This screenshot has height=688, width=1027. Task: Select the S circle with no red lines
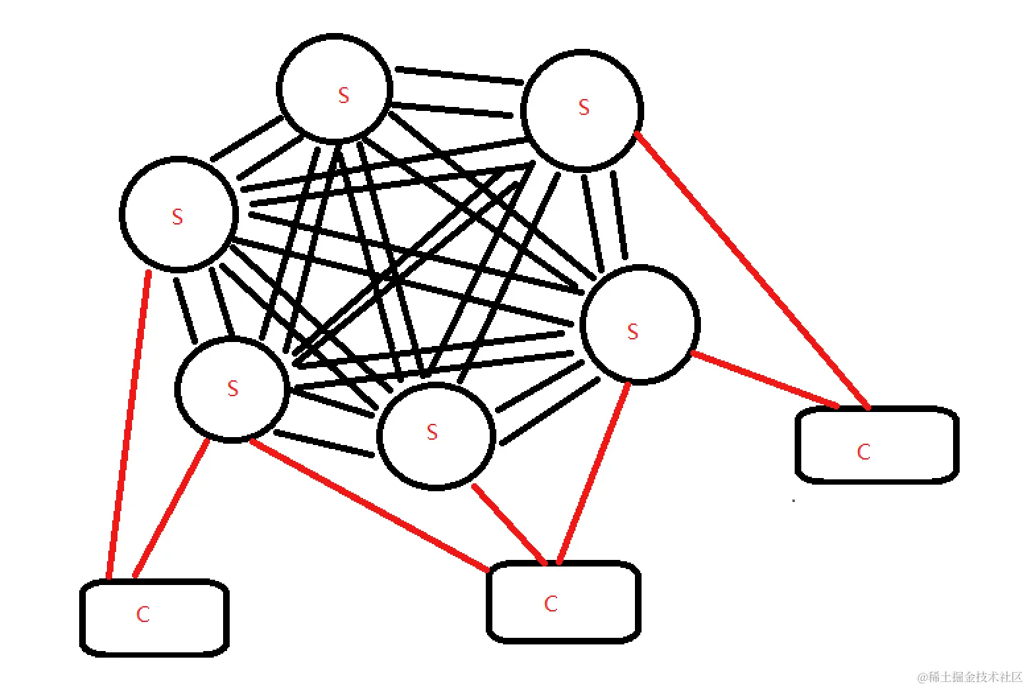coord(335,88)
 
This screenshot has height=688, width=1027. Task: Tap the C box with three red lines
coord(563,602)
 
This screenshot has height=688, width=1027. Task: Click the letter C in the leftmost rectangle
coord(143,615)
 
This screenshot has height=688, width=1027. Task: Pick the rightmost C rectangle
coord(877,444)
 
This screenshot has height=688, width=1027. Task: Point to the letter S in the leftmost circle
coord(177,217)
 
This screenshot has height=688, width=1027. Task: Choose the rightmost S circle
coord(639,324)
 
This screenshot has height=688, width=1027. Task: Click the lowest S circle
coord(436,436)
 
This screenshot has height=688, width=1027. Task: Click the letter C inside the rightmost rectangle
coord(863,452)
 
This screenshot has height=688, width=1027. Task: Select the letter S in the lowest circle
coord(432,432)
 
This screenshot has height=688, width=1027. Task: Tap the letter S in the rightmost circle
coord(633,331)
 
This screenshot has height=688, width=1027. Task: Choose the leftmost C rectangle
coord(154,617)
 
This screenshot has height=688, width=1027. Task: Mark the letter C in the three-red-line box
coord(551,603)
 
